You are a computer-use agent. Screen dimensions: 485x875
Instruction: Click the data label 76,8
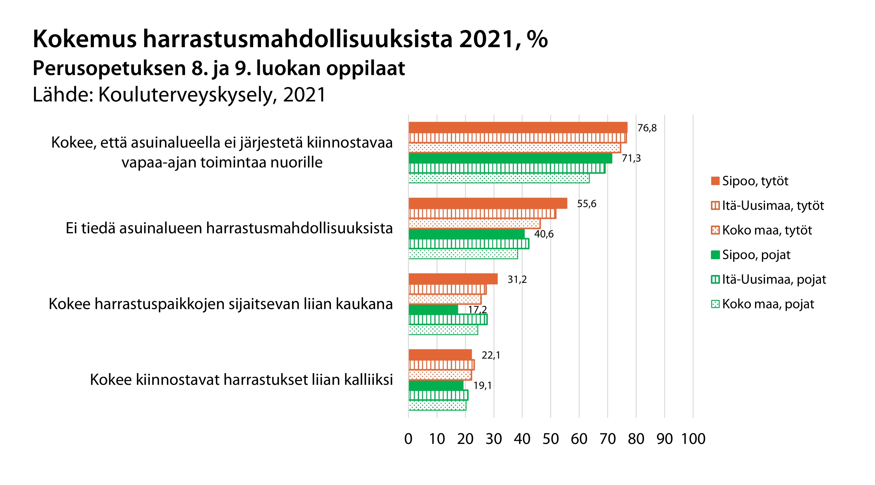tap(647, 128)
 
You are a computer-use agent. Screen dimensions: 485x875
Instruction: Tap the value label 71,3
tap(631, 158)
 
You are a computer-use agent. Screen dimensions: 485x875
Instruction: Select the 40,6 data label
tap(544, 234)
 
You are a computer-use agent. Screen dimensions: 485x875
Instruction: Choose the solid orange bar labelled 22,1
tap(440, 355)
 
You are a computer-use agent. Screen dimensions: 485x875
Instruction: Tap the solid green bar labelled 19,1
tap(436, 385)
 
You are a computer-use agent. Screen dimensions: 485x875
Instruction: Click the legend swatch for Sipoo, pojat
tap(715, 255)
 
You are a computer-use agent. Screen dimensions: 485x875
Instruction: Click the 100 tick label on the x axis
tap(693, 439)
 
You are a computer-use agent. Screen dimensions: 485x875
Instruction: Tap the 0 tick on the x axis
tap(408, 439)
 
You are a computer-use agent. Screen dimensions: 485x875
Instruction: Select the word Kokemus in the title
tap(85, 39)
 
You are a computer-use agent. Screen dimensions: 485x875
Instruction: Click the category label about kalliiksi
tap(241, 380)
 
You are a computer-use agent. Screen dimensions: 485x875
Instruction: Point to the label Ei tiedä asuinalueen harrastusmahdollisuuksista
tap(229, 228)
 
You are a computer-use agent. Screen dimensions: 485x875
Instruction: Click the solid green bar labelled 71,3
tap(510, 159)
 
